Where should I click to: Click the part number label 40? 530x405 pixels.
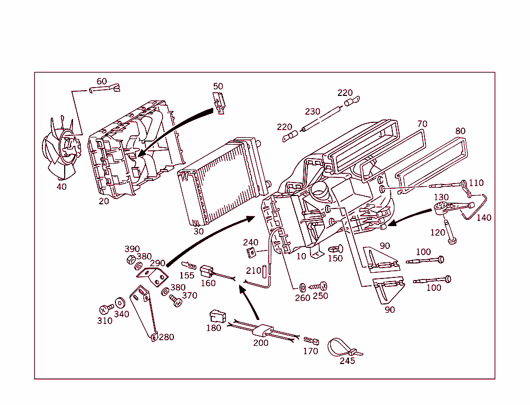62,187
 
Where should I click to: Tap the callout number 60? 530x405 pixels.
102,81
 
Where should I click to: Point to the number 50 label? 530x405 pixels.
218,86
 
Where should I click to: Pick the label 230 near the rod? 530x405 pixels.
313,111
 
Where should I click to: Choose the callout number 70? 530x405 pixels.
422,123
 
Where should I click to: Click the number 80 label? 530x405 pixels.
460,131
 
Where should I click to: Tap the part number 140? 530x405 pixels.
484,218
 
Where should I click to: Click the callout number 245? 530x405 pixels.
347,361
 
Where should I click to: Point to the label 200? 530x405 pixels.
261,343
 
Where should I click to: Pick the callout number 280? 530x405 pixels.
166,337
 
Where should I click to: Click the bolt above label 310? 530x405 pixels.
106,310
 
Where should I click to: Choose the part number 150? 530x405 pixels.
335,258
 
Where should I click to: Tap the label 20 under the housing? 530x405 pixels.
104,201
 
